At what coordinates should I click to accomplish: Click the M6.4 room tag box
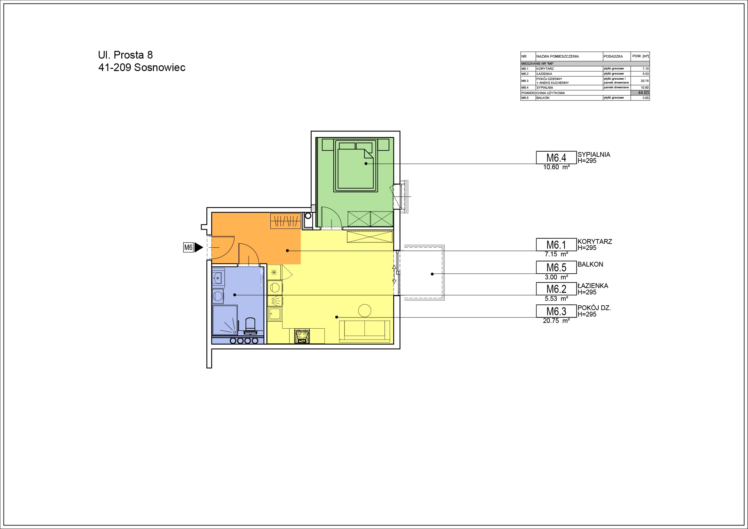click(556, 157)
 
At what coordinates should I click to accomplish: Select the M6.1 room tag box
click(556, 244)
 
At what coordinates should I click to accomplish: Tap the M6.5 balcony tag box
click(556, 267)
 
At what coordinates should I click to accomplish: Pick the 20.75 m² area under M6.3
click(556, 321)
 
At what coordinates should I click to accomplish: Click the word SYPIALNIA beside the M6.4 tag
click(593, 155)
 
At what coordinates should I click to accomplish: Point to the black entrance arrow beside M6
click(199, 247)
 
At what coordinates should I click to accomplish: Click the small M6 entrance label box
click(188, 247)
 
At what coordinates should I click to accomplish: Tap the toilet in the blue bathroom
click(250, 325)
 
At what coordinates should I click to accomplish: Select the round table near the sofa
click(364, 310)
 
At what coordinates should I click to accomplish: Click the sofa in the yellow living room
click(364, 332)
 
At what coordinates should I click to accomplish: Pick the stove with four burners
click(302, 336)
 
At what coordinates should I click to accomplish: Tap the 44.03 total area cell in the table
click(640, 92)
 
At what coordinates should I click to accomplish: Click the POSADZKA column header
click(613, 56)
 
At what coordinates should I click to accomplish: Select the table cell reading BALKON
click(543, 98)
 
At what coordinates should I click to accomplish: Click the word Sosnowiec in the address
click(160, 68)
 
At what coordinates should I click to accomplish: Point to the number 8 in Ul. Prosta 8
click(150, 55)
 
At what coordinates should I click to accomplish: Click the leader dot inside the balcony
click(432, 274)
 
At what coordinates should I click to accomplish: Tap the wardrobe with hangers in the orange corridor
click(285, 221)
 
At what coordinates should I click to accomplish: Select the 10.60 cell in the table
click(645, 88)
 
